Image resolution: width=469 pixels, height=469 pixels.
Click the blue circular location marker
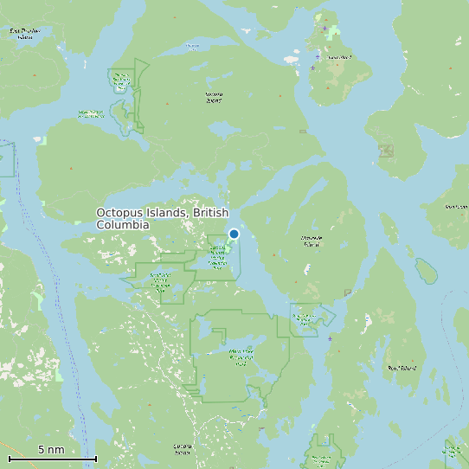coord(234,234)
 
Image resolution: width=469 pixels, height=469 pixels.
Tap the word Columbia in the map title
coord(122,225)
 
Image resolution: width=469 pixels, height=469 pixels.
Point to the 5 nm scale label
coord(51,450)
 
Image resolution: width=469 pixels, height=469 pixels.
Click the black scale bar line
coord(52,459)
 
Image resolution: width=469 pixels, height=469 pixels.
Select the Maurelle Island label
coord(311,241)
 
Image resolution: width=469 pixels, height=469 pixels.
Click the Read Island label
coord(403,368)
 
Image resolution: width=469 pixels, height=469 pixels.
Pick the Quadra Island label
coord(182,450)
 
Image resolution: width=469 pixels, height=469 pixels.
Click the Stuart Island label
coord(339,58)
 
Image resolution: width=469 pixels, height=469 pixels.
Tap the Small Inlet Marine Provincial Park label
coord(160,280)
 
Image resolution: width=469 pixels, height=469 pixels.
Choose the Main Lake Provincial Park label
coord(240,356)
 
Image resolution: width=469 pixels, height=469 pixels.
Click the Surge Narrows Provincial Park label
coord(305,319)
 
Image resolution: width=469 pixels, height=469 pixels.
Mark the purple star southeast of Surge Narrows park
coord(330,338)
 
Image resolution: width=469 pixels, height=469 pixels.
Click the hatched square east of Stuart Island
coord(386,151)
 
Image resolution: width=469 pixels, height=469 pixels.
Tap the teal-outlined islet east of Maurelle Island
coord(425,271)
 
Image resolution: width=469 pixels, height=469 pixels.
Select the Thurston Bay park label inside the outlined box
coord(120,81)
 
